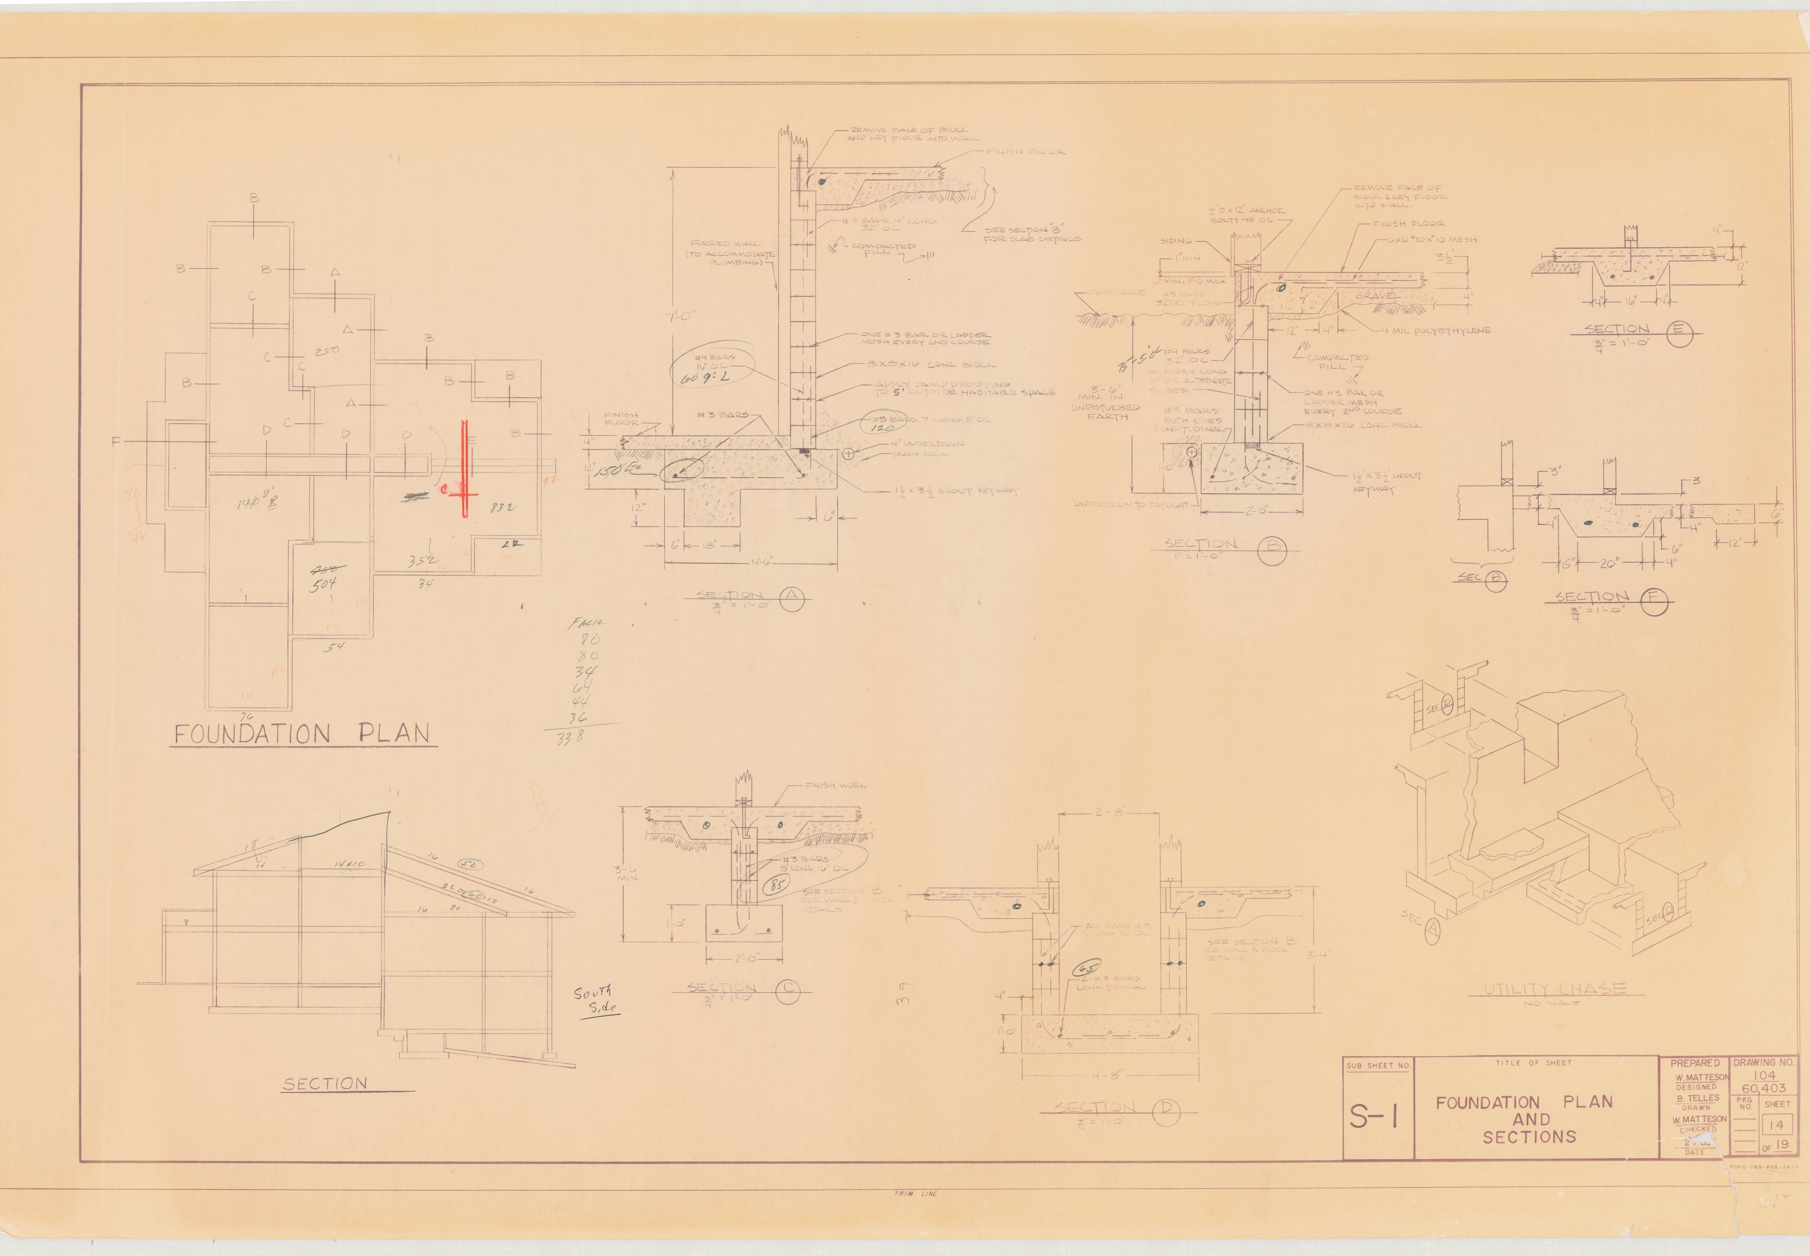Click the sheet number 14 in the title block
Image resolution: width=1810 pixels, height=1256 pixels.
point(1775,1125)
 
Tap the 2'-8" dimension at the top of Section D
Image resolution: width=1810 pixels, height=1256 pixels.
point(1108,812)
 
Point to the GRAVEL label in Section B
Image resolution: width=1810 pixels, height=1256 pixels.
point(1376,296)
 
